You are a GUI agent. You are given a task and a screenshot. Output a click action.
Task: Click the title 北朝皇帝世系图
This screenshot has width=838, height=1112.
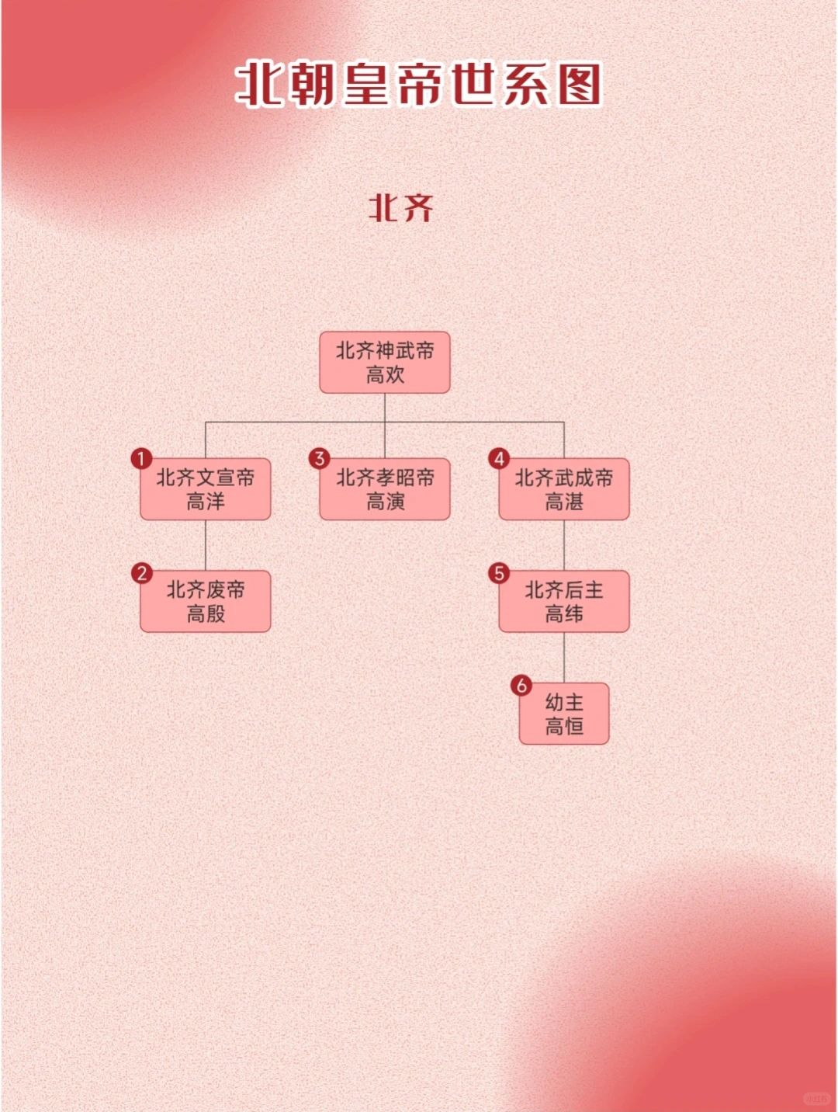[x=419, y=84]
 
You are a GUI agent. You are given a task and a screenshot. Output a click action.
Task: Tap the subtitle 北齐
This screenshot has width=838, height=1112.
[x=400, y=208]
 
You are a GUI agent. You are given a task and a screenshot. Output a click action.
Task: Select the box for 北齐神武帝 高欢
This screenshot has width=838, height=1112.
[x=385, y=363]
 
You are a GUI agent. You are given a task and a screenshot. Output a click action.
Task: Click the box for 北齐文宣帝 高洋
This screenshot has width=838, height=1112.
[x=206, y=489]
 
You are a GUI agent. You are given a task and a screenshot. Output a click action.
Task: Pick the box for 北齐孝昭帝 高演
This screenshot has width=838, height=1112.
[x=385, y=489]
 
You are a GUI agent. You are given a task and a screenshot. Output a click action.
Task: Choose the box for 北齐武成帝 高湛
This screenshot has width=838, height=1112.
[x=564, y=489]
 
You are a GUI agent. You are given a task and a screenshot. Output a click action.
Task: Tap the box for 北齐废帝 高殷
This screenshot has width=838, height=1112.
[x=206, y=602]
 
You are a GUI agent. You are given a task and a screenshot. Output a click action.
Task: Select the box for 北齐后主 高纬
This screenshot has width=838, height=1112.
[x=564, y=602]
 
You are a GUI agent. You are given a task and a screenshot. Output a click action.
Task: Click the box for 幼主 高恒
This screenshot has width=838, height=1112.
[x=564, y=714]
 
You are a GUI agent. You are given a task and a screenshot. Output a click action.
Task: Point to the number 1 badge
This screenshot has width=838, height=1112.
[x=141, y=459]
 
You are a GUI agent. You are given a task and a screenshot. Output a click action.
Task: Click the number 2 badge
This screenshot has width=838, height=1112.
[x=141, y=573]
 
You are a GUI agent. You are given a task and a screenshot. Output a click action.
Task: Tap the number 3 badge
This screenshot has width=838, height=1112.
[x=319, y=459]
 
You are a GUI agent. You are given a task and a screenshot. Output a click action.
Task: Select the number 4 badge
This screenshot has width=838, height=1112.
[x=499, y=459]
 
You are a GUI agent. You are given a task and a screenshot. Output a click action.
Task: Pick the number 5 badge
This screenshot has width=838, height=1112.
[x=499, y=573]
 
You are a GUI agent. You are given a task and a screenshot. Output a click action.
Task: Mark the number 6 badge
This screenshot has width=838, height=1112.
[x=521, y=685]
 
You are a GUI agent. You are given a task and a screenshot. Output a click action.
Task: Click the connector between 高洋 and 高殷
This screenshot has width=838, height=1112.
[x=206, y=545]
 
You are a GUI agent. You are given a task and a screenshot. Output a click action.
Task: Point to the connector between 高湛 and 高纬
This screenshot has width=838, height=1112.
[x=564, y=545]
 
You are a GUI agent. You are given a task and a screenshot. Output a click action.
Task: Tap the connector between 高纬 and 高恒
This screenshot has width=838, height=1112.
[x=564, y=658]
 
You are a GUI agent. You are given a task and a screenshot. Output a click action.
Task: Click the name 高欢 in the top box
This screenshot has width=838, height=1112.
[x=385, y=375]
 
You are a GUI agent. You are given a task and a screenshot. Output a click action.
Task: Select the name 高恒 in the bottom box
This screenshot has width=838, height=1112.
[x=564, y=726]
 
